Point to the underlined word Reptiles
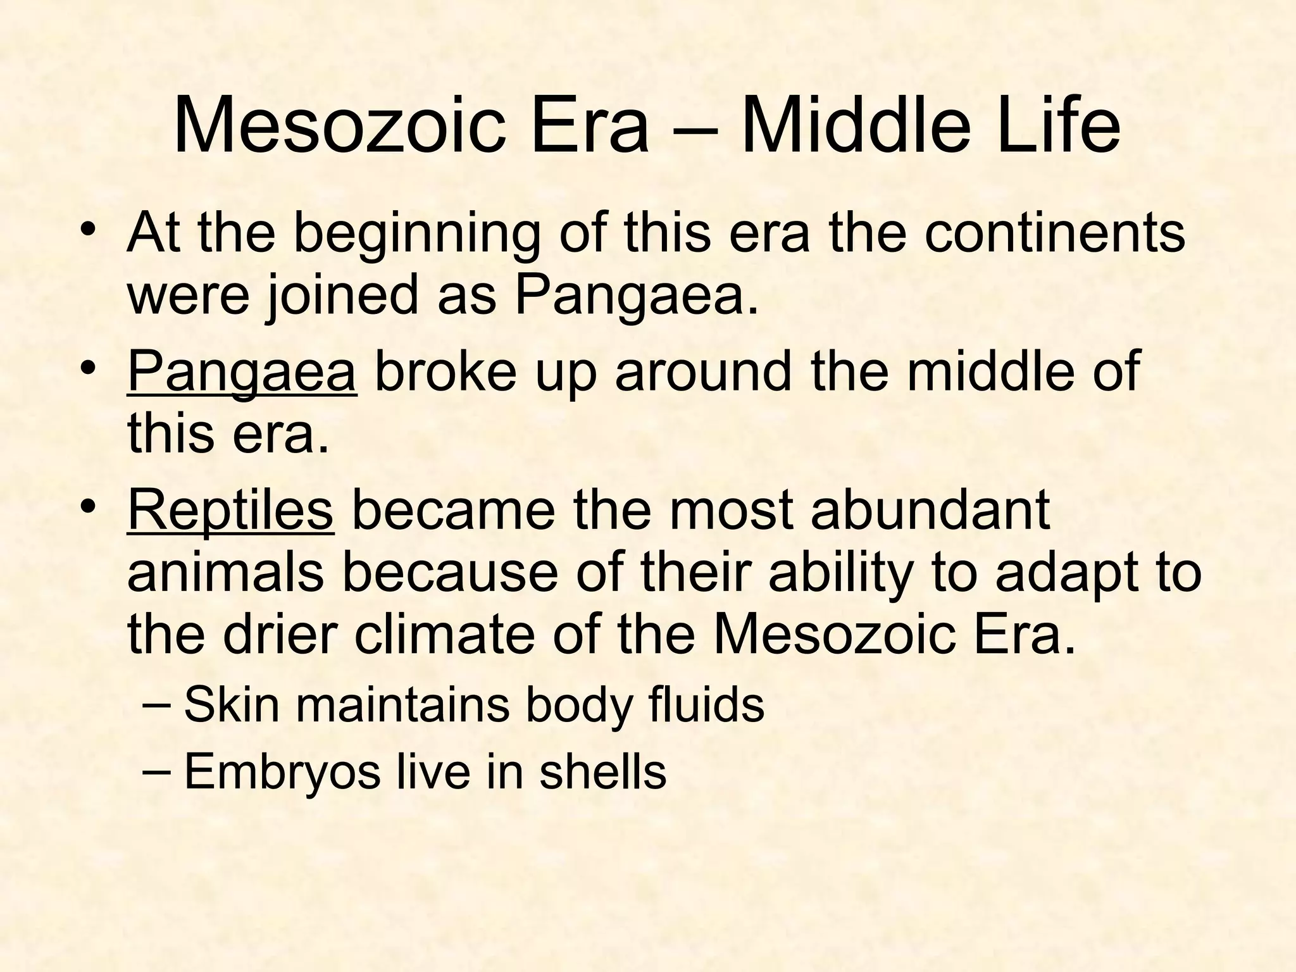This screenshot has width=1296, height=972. click(x=230, y=511)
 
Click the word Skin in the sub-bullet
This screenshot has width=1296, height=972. click(x=232, y=705)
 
